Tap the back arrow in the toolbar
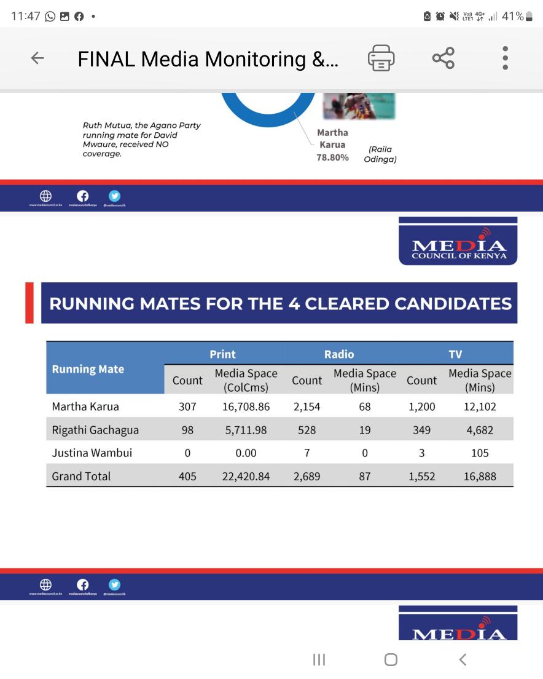point(37,58)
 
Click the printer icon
point(381,58)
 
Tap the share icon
point(443,58)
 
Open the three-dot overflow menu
point(505,58)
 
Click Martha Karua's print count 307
point(187,407)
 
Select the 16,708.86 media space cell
point(246,407)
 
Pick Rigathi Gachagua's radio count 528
point(307,430)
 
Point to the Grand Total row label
point(81,476)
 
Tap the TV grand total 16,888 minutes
point(480,476)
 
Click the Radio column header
point(339,354)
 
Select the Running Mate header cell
point(88,369)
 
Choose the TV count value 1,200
point(421,407)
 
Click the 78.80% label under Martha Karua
point(332,157)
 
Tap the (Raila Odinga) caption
point(380,154)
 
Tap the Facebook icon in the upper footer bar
point(82,196)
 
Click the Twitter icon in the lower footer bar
point(114,584)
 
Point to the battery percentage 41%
point(512,17)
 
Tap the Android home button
point(391,659)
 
